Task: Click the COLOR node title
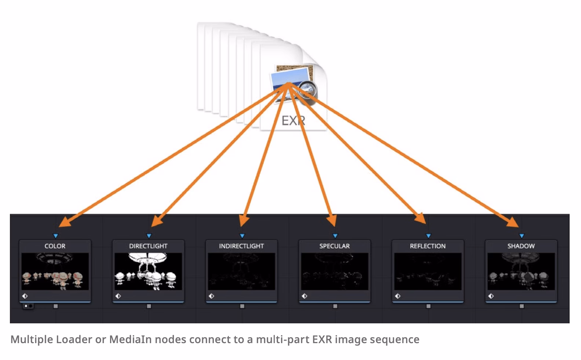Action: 55,246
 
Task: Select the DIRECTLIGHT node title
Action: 148,246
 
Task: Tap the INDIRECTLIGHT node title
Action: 241,246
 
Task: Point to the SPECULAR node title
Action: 335,246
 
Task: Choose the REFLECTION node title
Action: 428,246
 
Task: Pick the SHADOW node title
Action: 521,246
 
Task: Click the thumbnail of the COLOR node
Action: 55,271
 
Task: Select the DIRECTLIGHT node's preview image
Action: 148,271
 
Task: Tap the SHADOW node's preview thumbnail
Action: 521,271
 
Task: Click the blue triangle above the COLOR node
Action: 55,236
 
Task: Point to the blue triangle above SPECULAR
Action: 335,236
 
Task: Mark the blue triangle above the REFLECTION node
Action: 428,236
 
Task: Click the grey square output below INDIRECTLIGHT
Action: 242,306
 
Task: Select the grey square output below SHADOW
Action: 522,306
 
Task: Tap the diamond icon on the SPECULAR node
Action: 304,296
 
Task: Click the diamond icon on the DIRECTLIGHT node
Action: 118,296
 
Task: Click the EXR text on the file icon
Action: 293,121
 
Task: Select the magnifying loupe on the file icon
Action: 308,92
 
